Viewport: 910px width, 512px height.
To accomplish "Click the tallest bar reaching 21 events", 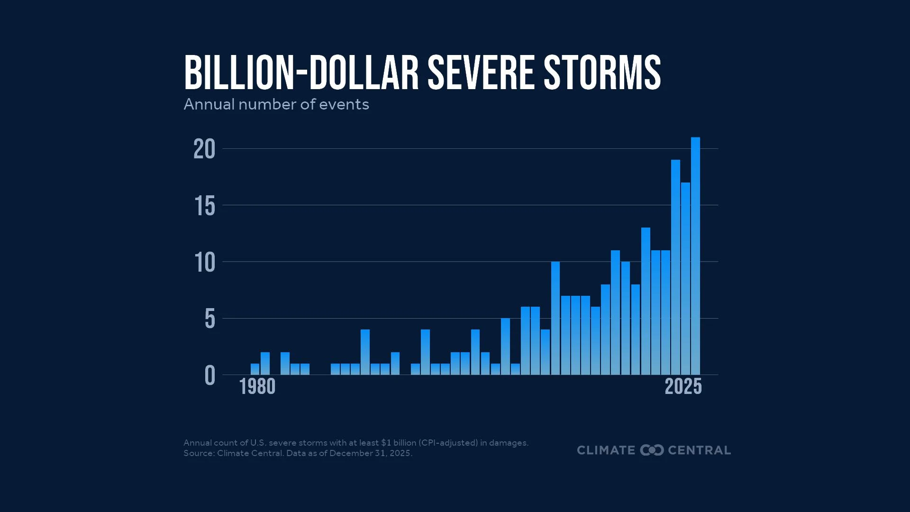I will [695, 256].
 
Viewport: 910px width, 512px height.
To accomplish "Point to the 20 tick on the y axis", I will [204, 149].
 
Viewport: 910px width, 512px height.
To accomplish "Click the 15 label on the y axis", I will [205, 206].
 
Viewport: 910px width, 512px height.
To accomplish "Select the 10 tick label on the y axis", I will [205, 263].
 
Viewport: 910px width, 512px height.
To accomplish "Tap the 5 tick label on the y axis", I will [209, 319].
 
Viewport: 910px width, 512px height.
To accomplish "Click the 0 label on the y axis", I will [209, 376].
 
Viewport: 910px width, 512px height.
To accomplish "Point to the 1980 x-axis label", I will [257, 387].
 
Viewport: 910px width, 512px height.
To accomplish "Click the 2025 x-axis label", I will [683, 387].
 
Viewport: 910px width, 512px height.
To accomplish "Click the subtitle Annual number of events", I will [276, 104].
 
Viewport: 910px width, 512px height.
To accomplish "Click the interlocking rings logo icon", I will [652, 450].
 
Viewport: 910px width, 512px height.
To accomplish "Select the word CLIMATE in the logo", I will [606, 450].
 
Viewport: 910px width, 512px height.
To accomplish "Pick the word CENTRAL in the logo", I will [699, 450].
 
